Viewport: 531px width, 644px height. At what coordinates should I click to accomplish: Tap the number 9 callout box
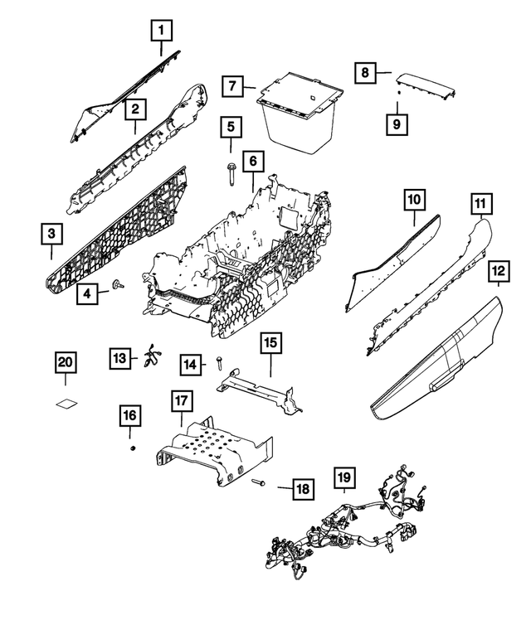[x=397, y=123]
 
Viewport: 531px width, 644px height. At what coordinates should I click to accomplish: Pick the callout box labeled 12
[x=498, y=272]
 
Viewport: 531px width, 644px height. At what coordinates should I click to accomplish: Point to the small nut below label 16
[x=131, y=448]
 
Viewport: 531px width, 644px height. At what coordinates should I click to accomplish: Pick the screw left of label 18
[x=258, y=482]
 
